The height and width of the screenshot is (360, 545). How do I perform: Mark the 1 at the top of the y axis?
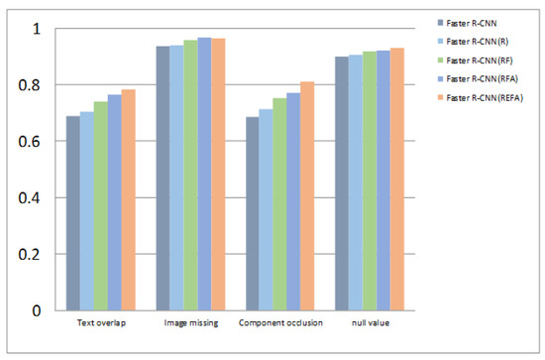[x=39, y=30]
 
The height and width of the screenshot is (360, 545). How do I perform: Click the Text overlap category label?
[x=100, y=323]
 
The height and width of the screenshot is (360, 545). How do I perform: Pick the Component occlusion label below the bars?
[x=280, y=323]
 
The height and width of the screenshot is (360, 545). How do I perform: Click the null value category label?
[x=369, y=323]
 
